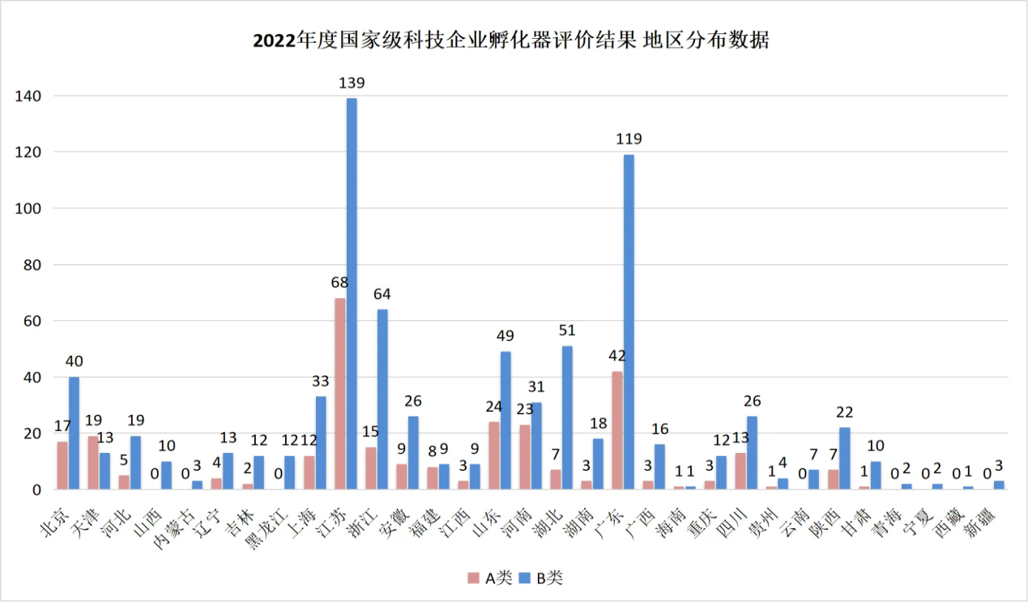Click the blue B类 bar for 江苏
click(x=352, y=293)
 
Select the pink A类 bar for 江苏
click(x=339, y=394)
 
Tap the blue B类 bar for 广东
click(x=629, y=322)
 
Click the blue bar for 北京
click(x=74, y=433)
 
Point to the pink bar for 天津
click(x=93, y=463)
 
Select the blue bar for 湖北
click(x=567, y=417)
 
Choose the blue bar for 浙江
click(x=382, y=399)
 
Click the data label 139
click(x=352, y=83)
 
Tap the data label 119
click(x=629, y=139)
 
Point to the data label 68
click(x=339, y=283)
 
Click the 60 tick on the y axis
click(x=30, y=321)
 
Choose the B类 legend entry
click(x=541, y=578)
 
